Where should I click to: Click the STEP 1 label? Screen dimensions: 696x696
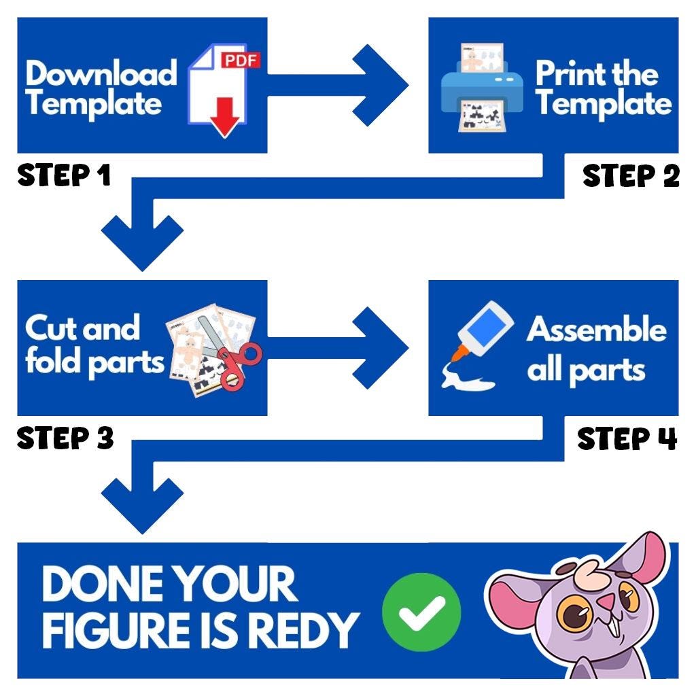[x=63, y=175]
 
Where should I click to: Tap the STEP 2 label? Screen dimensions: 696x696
[x=631, y=176]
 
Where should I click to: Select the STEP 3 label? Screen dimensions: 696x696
[x=65, y=438]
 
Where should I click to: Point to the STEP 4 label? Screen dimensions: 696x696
[x=627, y=438]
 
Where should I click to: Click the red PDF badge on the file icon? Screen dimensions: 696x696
[x=241, y=61]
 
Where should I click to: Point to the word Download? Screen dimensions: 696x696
[x=101, y=73]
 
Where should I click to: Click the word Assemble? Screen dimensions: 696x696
[x=596, y=330]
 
